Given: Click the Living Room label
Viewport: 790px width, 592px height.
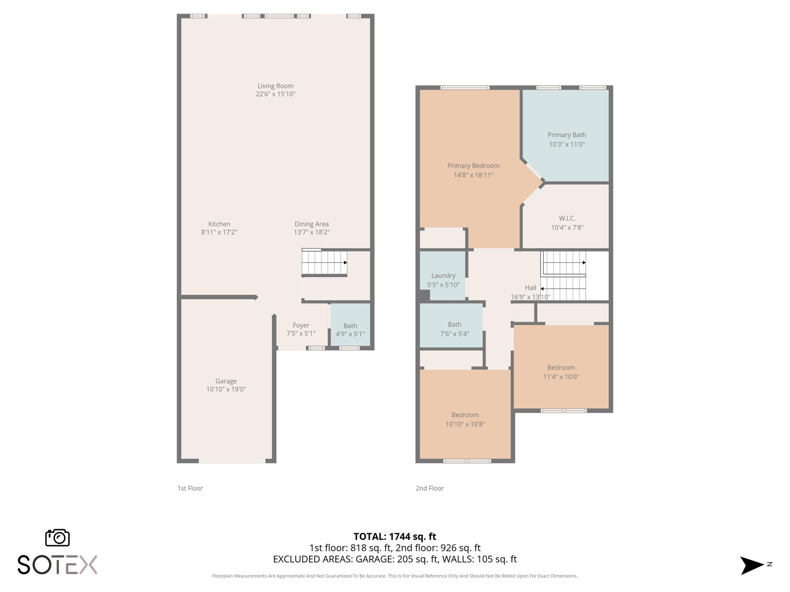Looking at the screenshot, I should (275, 86).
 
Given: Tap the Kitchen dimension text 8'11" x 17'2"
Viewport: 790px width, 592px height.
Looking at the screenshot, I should (219, 232).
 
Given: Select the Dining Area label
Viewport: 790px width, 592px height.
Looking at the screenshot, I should (312, 224).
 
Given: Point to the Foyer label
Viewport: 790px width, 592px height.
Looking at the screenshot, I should (301, 325).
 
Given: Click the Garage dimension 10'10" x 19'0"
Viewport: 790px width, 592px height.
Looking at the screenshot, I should (226, 389).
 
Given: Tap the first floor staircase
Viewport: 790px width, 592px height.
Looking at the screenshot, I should (324, 263).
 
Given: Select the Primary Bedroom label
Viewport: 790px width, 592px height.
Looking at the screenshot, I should (473, 166).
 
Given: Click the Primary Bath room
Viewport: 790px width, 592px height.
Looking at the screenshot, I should (566, 135).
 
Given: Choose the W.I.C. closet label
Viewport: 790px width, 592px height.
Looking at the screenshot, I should (567, 218).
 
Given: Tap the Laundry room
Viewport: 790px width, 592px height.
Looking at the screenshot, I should (443, 276).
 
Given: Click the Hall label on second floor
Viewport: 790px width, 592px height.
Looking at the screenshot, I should (530, 288).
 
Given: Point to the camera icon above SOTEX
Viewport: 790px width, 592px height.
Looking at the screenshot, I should (57, 538).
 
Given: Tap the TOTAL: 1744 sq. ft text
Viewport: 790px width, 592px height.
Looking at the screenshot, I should (395, 536).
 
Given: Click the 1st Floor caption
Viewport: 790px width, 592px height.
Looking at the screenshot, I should (190, 488).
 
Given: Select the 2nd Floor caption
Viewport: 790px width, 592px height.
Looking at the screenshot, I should (430, 488).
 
